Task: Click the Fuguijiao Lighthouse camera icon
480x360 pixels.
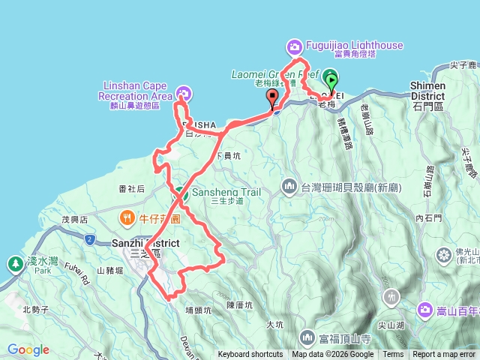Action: pos(294,47)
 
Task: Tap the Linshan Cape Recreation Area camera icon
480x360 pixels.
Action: pos(181,94)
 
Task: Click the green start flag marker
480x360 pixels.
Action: pos(331,78)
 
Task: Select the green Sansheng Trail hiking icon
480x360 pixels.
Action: pos(181,193)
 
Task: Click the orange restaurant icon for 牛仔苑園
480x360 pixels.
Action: pos(127,219)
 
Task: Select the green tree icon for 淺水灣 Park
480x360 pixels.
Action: pos(14,263)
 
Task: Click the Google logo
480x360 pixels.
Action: pos(28,349)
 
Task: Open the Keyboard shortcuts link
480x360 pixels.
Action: pos(250,355)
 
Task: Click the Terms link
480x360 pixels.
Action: pos(393,355)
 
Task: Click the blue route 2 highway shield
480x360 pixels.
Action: pos(89,240)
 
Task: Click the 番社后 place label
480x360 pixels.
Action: pos(131,189)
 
